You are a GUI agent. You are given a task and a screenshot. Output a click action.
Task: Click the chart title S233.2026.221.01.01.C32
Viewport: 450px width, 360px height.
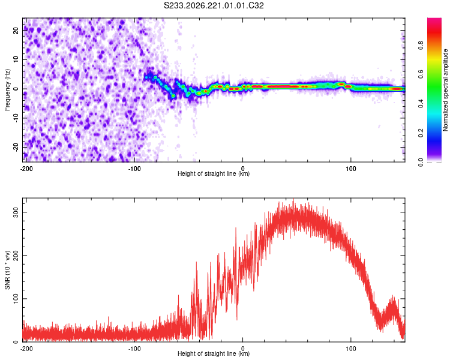point(214,5)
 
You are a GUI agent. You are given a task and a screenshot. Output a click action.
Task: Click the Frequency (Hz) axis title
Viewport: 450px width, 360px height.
point(7,89)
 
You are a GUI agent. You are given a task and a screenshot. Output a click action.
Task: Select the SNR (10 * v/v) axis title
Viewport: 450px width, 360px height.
point(7,270)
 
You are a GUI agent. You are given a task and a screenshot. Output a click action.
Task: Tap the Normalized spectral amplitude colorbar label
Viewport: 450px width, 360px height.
point(445,90)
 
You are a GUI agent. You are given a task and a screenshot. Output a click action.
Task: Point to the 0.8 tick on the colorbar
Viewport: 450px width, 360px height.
point(421,46)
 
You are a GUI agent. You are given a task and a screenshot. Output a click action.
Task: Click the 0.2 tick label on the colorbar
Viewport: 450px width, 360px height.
point(421,133)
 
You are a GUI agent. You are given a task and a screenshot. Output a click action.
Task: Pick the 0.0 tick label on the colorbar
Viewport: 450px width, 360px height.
point(421,162)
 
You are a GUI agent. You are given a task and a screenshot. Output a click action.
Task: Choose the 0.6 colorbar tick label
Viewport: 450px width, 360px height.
point(421,74)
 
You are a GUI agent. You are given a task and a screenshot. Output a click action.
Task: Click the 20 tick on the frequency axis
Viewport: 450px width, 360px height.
point(16,31)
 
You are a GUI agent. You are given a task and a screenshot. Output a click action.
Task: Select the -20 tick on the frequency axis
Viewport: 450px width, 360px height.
point(16,147)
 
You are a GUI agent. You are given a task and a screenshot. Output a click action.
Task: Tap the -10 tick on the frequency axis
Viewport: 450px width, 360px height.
point(16,118)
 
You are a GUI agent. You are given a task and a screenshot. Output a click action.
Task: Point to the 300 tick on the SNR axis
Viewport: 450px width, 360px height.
point(16,212)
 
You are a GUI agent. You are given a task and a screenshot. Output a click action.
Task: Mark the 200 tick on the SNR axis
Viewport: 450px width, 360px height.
point(16,256)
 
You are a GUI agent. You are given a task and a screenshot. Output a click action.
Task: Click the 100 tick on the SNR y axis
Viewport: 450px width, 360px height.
point(16,299)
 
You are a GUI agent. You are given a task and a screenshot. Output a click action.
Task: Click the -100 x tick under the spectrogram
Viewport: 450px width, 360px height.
point(134,169)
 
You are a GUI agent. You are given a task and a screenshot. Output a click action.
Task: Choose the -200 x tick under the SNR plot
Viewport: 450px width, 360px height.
point(26,349)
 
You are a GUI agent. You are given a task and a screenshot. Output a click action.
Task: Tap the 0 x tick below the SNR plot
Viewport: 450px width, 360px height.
point(243,349)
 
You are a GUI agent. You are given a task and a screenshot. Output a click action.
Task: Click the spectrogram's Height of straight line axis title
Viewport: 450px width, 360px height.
point(214,173)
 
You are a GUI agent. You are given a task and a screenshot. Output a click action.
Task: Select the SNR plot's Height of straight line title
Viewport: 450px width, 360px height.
point(214,353)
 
